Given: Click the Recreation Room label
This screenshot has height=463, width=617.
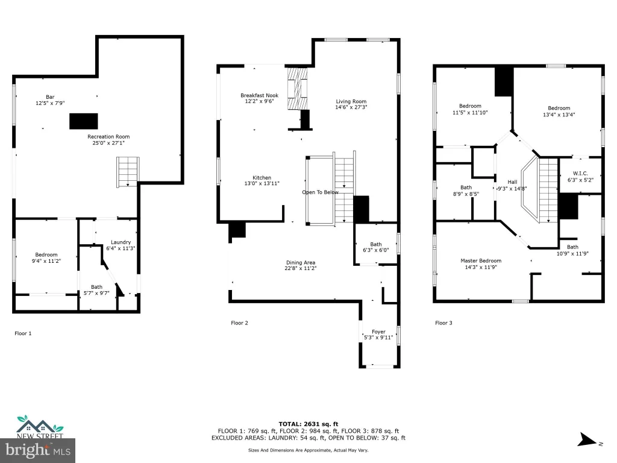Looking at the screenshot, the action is point(108,137).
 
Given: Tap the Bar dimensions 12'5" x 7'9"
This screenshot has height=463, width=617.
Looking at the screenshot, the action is point(50,103).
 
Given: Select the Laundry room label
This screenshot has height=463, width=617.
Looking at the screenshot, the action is point(121,242).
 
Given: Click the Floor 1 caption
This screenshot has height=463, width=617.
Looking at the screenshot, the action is point(23,333).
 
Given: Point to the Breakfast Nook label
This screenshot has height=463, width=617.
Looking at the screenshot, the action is point(259,95).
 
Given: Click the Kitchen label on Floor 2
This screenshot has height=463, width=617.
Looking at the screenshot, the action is point(262,178).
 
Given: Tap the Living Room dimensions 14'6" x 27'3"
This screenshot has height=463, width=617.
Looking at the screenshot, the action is point(351,107).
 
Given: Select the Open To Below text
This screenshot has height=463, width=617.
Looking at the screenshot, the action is point(321,192).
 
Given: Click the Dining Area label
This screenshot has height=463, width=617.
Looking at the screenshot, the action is point(301,263).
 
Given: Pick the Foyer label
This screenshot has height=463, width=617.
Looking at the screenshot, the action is point(378,332).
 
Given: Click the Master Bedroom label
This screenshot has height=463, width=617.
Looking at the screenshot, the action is point(481,260).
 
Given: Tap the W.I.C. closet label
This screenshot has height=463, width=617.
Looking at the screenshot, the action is point(580,173).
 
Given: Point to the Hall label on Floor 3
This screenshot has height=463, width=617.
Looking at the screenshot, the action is point(512,182).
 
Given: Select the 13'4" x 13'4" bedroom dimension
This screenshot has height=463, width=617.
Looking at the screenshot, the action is point(559,115).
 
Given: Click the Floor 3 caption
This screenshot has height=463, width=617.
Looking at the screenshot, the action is point(443,323).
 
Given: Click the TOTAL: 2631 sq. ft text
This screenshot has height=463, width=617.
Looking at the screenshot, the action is point(308,424).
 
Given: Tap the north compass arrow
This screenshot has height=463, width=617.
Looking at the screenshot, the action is point(587,439).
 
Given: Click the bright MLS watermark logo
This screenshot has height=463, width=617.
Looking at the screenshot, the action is point(38,450).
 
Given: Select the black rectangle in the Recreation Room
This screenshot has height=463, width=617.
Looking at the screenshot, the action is point(83,121).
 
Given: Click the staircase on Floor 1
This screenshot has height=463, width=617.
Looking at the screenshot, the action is point(128,172).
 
